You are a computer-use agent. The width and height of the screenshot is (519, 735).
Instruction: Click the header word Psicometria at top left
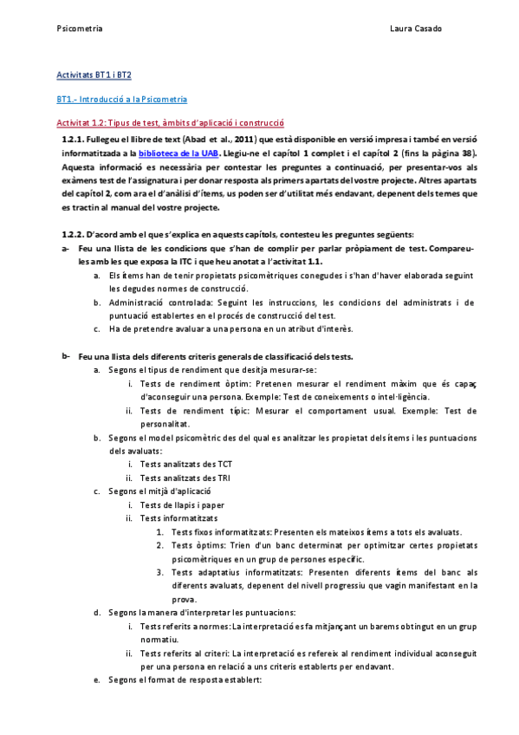(79, 29)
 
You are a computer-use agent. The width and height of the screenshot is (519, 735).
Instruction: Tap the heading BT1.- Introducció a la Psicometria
(121, 100)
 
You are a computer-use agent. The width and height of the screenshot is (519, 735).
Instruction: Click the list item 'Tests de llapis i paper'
(183, 504)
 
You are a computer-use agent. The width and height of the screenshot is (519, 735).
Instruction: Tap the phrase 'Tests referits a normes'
(184, 626)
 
